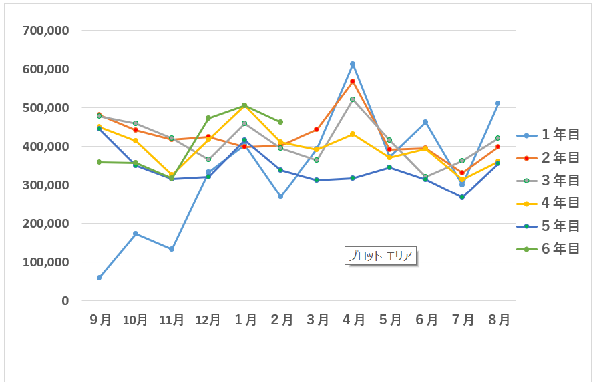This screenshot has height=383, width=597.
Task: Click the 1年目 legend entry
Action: [x=551, y=135]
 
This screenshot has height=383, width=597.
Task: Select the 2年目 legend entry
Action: [x=551, y=158]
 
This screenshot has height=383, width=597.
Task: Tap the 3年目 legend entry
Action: [x=551, y=181]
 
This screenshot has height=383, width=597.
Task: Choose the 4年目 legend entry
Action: [x=551, y=203]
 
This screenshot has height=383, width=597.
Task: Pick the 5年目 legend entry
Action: [x=551, y=226]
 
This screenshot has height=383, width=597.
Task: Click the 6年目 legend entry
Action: [x=551, y=249]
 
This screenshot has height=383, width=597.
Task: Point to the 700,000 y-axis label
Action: [x=45, y=31]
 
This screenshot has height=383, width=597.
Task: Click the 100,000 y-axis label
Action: [x=45, y=262]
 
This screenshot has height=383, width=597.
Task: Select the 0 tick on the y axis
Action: [x=65, y=301]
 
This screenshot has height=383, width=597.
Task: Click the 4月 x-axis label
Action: [x=353, y=320]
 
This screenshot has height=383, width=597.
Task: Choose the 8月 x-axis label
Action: [x=497, y=320]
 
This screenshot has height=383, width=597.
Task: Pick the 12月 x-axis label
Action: [x=208, y=320]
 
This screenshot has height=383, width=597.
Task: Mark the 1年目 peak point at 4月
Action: [x=353, y=64]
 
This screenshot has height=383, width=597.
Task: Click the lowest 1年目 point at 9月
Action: [x=99, y=278]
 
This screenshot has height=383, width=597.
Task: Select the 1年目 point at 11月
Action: [x=172, y=249]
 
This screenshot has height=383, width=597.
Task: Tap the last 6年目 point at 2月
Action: [x=280, y=122]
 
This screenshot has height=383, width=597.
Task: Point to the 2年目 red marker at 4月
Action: [x=353, y=81]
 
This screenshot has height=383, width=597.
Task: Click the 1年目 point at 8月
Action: [x=497, y=103]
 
